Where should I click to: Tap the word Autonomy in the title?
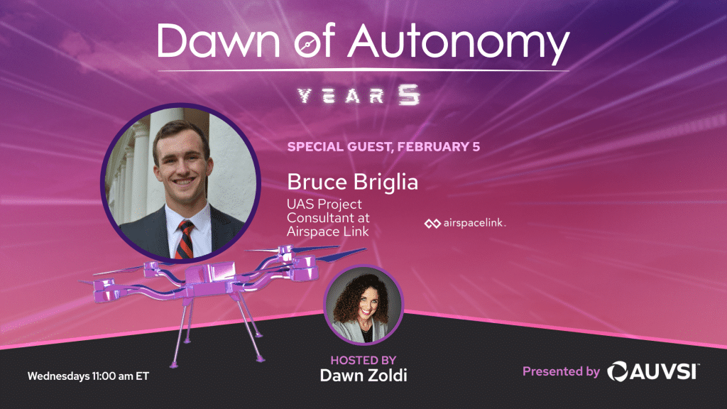[x=459, y=44]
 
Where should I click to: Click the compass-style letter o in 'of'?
[x=308, y=45]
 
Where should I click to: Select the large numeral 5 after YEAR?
[x=408, y=95]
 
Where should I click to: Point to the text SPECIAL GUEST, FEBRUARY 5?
[x=383, y=147]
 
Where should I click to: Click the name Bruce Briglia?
[x=352, y=182]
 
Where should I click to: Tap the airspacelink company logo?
[x=464, y=224]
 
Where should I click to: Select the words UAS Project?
[x=324, y=204]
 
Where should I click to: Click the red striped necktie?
[x=185, y=240]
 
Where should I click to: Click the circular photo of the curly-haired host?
[x=363, y=305]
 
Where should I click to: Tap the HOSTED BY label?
[x=363, y=360]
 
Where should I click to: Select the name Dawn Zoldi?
[x=363, y=375]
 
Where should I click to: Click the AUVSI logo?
[x=653, y=371]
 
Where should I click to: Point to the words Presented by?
[x=561, y=371]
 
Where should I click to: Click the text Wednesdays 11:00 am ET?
[x=88, y=376]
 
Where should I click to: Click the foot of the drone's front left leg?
[x=174, y=365]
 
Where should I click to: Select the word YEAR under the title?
[x=341, y=96]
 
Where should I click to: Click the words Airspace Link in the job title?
[x=327, y=231]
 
